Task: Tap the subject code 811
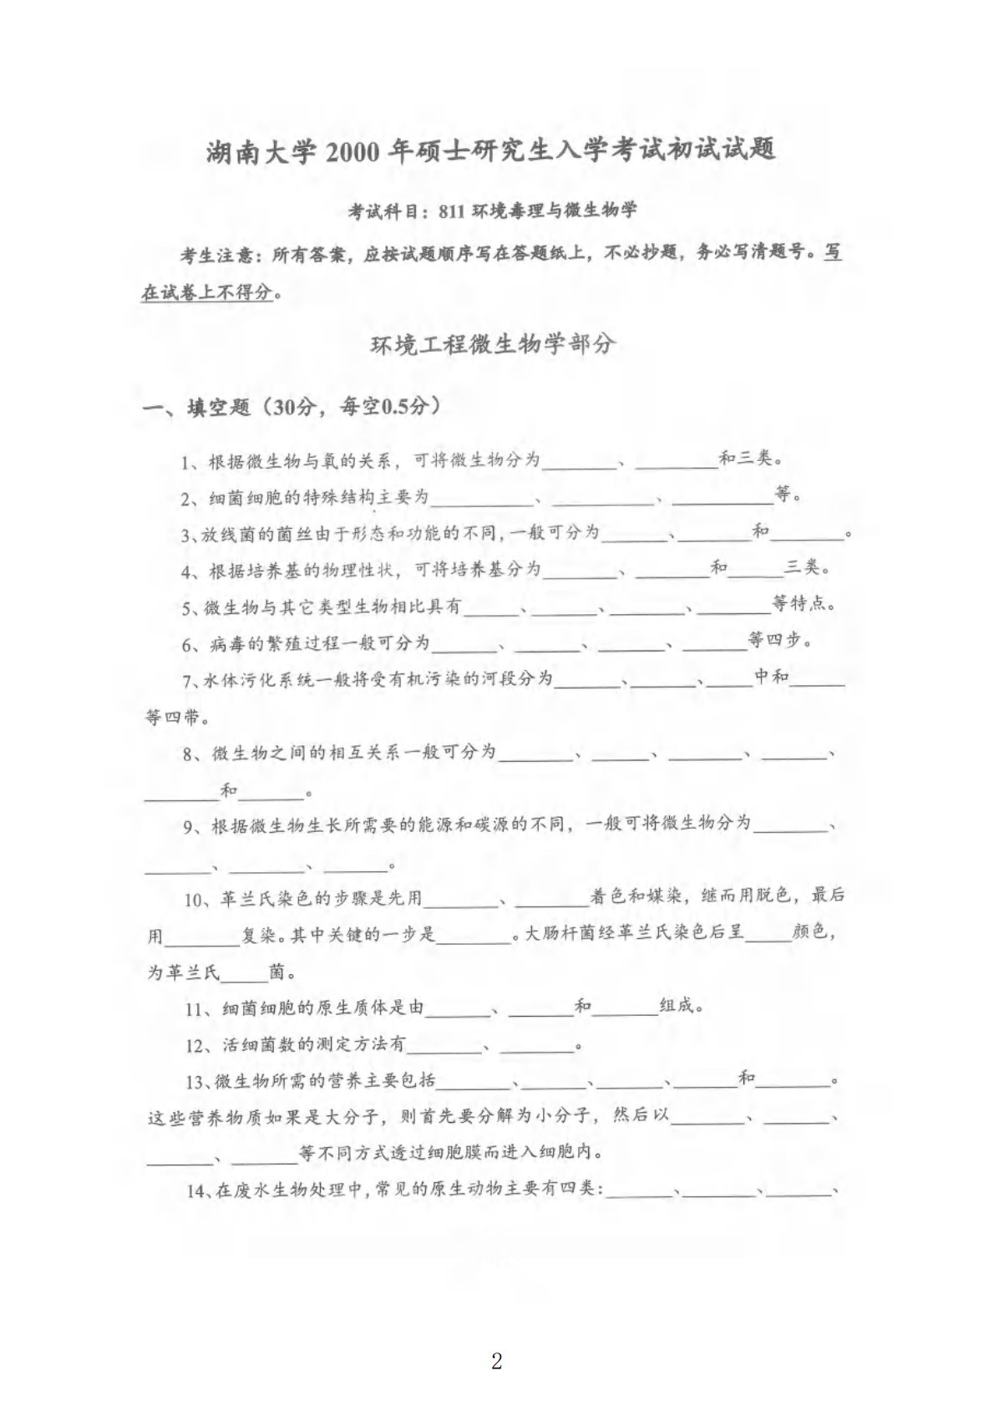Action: click(x=449, y=211)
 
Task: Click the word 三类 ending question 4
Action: click(x=801, y=569)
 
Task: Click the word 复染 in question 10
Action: click(x=259, y=936)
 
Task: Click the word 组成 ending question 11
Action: click(x=677, y=1006)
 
